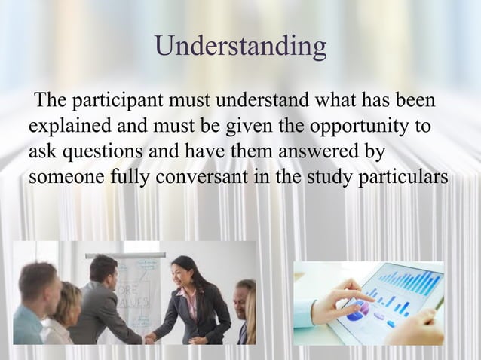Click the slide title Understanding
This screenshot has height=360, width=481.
point(240,47)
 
